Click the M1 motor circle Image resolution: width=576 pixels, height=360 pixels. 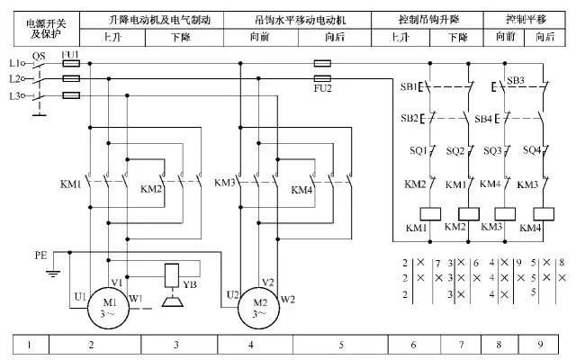click(x=109, y=307)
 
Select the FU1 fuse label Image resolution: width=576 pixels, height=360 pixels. click(x=70, y=55)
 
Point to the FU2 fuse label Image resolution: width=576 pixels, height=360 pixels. click(x=323, y=88)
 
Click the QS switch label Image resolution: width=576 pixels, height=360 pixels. click(x=38, y=55)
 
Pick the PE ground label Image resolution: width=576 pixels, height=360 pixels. click(x=40, y=256)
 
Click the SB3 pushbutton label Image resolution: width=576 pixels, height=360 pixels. click(x=516, y=81)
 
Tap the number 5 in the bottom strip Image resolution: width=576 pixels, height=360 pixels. click(x=342, y=344)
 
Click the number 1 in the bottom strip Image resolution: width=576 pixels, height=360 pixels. click(x=30, y=344)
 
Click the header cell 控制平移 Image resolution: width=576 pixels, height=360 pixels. click(x=527, y=19)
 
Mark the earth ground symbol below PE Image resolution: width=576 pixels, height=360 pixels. click(x=52, y=274)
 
